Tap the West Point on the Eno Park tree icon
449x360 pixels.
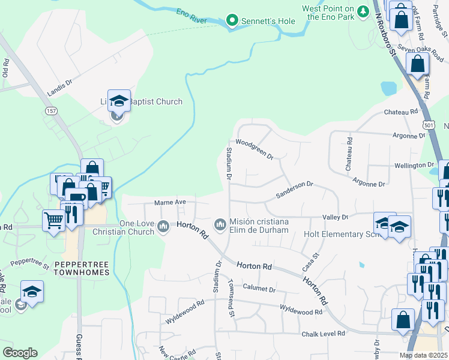(363, 11)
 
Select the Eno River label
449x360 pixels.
(191, 16)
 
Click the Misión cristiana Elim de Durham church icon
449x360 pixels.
(220, 224)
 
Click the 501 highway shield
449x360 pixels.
(427, 125)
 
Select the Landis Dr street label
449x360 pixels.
(59, 89)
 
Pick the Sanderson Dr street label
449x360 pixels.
(294, 190)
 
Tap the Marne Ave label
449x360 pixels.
(168, 202)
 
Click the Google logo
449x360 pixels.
(20, 352)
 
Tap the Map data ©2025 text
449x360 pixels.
(424, 355)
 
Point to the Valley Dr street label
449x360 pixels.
(336, 217)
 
